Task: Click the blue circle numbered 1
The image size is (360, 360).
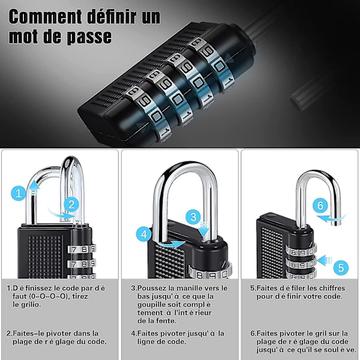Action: pyautogui.click(x=19, y=193)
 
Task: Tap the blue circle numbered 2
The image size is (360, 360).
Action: pyautogui.click(x=71, y=205)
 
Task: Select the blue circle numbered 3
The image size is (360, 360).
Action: pyautogui.click(x=193, y=217)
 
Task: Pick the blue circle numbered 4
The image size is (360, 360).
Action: pyautogui.click(x=144, y=234)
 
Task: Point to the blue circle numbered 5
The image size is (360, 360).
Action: pyautogui.click(x=341, y=268)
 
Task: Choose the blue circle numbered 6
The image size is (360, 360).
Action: pyautogui.click(x=320, y=205)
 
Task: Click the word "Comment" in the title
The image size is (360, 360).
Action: pyautogui.click(x=45, y=17)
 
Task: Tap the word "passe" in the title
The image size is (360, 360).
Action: pyautogui.click(x=89, y=37)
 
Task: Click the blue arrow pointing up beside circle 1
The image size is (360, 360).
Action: pyautogui.click(x=34, y=188)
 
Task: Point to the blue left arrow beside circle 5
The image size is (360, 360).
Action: pyautogui.click(x=324, y=260)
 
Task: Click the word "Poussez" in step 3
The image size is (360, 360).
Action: pyautogui.click(x=151, y=288)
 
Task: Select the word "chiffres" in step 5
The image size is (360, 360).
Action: pyautogui.click(x=331, y=288)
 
